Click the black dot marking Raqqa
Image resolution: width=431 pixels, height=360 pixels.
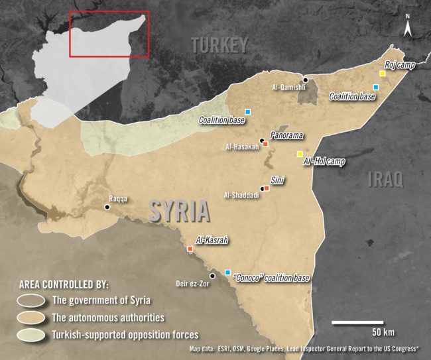tap(107, 208)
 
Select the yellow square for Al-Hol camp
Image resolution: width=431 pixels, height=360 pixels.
tap(300, 154)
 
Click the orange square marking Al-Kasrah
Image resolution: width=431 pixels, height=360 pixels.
tap(190, 249)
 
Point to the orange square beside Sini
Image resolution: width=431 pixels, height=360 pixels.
tap(267, 188)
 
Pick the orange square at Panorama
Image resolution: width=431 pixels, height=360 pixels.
tap(265, 144)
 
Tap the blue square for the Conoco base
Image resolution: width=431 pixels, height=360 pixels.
tap(228, 272)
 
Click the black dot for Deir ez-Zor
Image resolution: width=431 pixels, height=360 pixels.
tap(212, 276)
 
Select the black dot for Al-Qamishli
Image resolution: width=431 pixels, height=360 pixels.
tap(305, 80)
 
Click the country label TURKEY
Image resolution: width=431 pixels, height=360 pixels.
tap(219, 45)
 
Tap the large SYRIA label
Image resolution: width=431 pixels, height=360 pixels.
tap(179, 211)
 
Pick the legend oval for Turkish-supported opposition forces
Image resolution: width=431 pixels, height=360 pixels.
tap(31, 334)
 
